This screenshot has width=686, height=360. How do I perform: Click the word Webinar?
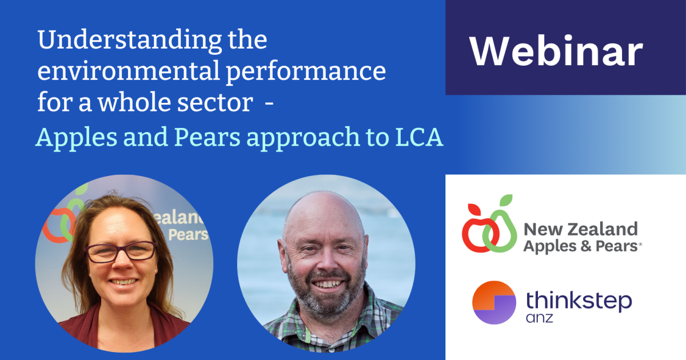tap(556, 52)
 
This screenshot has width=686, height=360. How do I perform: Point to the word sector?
tap(219, 103)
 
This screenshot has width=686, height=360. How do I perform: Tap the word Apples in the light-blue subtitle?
tap(72, 138)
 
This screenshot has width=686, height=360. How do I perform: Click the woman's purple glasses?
tap(121, 251)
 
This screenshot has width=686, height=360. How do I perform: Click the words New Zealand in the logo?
tap(580, 230)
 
